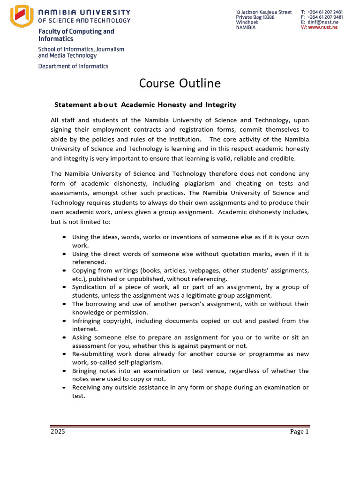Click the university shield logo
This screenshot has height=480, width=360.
click(x=21, y=16)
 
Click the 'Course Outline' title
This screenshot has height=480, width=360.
click(x=180, y=83)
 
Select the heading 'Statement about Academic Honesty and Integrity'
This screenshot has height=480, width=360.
click(x=145, y=105)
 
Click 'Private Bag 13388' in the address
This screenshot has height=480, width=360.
click(x=255, y=17)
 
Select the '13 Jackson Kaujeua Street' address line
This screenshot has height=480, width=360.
click(x=263, y=12)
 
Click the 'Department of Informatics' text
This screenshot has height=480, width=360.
click(x=73, y=66)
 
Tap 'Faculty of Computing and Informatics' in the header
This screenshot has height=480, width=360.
click(x=76, y=35)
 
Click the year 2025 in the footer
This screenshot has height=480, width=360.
click(x=58, y=432)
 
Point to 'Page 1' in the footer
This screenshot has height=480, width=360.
click(x=299, y=432)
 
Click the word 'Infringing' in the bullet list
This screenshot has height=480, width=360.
click(x=86, y=321)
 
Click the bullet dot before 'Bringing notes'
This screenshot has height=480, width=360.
click(x=64, y=371)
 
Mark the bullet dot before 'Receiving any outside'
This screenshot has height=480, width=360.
click(x=64, y=388)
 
